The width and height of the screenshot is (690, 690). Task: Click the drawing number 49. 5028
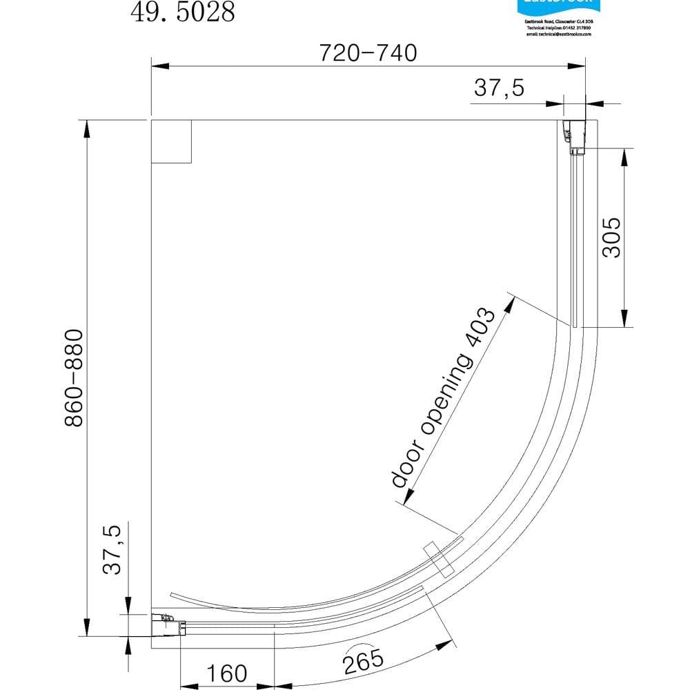(x=183, y=12)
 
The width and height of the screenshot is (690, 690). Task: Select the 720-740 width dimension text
(x=368, y=52)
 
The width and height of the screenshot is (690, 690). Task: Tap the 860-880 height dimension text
(x=75, y=377)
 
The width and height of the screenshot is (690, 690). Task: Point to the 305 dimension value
(x=611, y=237)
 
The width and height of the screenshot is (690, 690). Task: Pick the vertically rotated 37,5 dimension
(x=112, y=549)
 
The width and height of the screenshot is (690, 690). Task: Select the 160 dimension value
(x=226, y=673)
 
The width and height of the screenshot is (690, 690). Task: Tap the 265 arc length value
(x=362, y=661)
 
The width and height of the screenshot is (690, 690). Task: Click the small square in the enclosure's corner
(x=170, y=141)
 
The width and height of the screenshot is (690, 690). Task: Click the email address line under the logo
(x=555, y=32)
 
